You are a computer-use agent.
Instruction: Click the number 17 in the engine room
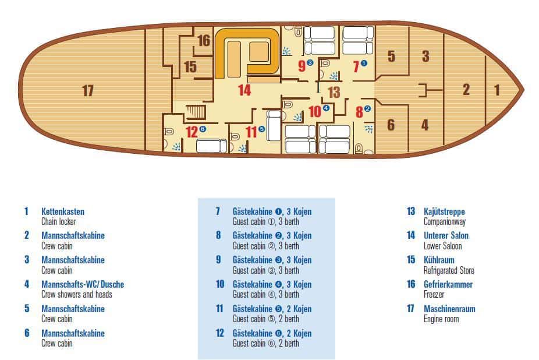point(88,90)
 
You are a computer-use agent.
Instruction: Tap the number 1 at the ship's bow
point(497,90)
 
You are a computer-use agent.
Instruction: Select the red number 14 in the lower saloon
point(244,90)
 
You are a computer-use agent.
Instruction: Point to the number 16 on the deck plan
point(204,41)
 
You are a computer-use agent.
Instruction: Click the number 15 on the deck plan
point(190,67)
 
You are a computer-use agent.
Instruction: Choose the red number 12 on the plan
point(192,132)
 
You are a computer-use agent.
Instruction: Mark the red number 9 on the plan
point(302,66)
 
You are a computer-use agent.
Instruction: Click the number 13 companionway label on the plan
point(334,92)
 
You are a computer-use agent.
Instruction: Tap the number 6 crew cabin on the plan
point(391,125)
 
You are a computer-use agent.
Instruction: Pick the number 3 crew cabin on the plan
point(425,56)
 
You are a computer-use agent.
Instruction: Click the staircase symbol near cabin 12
point(196,112)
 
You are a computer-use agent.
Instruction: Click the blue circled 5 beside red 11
point(261,129)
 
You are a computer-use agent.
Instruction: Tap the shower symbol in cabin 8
point(368,129)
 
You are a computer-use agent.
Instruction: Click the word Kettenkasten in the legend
point(62,211)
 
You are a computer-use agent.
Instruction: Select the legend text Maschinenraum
point(449,309)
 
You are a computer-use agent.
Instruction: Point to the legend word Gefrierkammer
point(448,284)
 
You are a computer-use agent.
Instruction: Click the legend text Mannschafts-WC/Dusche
point(83,284)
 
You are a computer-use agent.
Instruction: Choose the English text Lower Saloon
point(442,246)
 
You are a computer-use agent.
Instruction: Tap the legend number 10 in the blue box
point(220,284)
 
